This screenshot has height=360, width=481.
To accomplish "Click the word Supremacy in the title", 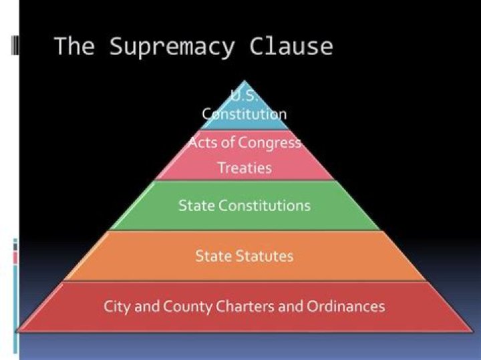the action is click(172, 47).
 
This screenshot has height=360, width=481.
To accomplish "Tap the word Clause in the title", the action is click(291, 46).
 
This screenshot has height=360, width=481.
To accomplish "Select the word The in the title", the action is click(75, 46).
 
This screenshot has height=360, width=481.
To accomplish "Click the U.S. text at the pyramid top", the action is click(244, 96).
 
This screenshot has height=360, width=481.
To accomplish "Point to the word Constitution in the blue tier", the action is click(245, 114).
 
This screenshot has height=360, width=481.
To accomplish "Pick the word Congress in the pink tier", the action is click(269, 143).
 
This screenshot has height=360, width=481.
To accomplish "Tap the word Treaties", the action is click(245, 168).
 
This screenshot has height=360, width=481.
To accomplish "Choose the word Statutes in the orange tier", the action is click(265, 256).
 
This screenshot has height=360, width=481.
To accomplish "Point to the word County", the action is click(188, 307).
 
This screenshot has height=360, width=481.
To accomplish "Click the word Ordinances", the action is click(346, 307).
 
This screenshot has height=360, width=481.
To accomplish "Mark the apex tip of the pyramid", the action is click(245, 81).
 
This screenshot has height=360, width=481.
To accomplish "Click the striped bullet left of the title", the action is click(15, 45).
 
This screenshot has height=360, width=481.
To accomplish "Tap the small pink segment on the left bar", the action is click(15, 258).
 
